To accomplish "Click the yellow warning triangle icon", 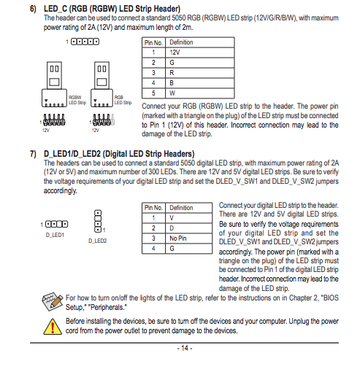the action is pyautogui.click(x=53, y=327).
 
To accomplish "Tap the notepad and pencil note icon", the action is pyautogui.click(x=52, y=301).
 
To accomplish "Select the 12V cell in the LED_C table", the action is pyautogui.click(x=200, y=53).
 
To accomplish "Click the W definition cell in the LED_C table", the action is pyautogui.click(x=200, y=93).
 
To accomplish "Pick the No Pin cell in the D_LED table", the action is pyautogui.click(x=188, y=238).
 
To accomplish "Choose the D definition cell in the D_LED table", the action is pyautogui.click(x=188, y=228).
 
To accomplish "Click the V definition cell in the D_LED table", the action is pyautogui.click(x=188, y=218).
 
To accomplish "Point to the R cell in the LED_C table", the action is pyautogui.click(x=200, y=73).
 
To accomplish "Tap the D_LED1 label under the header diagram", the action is pyautogui.click(x=55, y=235).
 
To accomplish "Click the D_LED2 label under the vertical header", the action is pyautogui.click(x=98, y=241).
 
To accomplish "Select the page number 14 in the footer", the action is pyautogui.click(x=185, y=348).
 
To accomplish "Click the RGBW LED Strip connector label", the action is pyautogui.click(x=77, y=100).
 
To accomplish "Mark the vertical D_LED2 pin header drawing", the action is pyautogui.click(x=98, y=221).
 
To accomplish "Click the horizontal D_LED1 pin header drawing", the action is pyautogui.click(x=56, y=224).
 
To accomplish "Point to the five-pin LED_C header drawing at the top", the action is pyautogui.click(x=85, y=42).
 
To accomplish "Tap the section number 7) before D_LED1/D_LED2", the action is pyautogui.click(x=33, y=154).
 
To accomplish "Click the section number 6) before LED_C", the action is pyautogui.click(x=33, y=9).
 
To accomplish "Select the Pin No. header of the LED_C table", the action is pyautogui.click(x=153, y=42).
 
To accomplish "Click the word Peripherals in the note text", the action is pyautogui.click(x=108, y=307).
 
